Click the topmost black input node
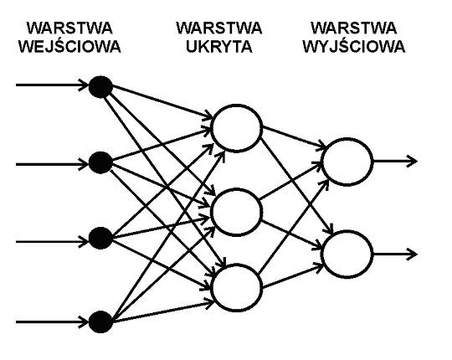[101, 85]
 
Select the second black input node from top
[101, 162]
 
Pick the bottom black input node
[101, 320]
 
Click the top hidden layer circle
[235, 128]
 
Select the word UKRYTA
[219, 46]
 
